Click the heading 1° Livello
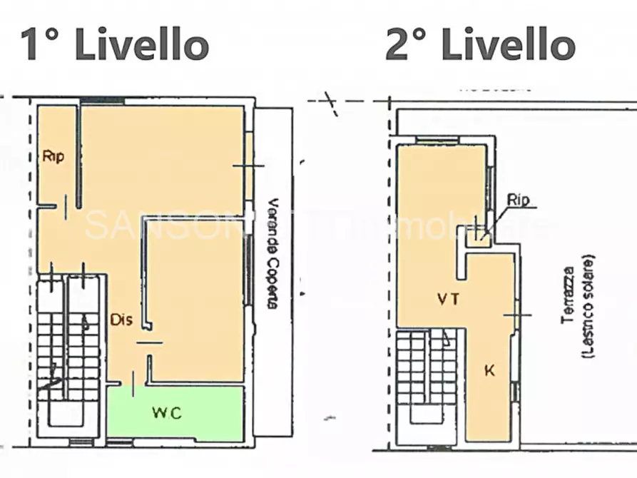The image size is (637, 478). [114, 44]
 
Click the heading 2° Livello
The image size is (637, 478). [480, 44]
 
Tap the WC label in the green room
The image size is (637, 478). [167, 413]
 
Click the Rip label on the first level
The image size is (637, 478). [53, 157]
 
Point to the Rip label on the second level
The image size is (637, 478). [519, 200]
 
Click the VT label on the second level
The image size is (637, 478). [449, 300]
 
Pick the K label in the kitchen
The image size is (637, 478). [489, 371]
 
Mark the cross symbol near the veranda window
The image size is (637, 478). [248, 166]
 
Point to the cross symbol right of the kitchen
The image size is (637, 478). [517, 315]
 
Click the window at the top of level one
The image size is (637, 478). [102, 101]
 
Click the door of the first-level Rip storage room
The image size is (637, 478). [66, 207]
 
